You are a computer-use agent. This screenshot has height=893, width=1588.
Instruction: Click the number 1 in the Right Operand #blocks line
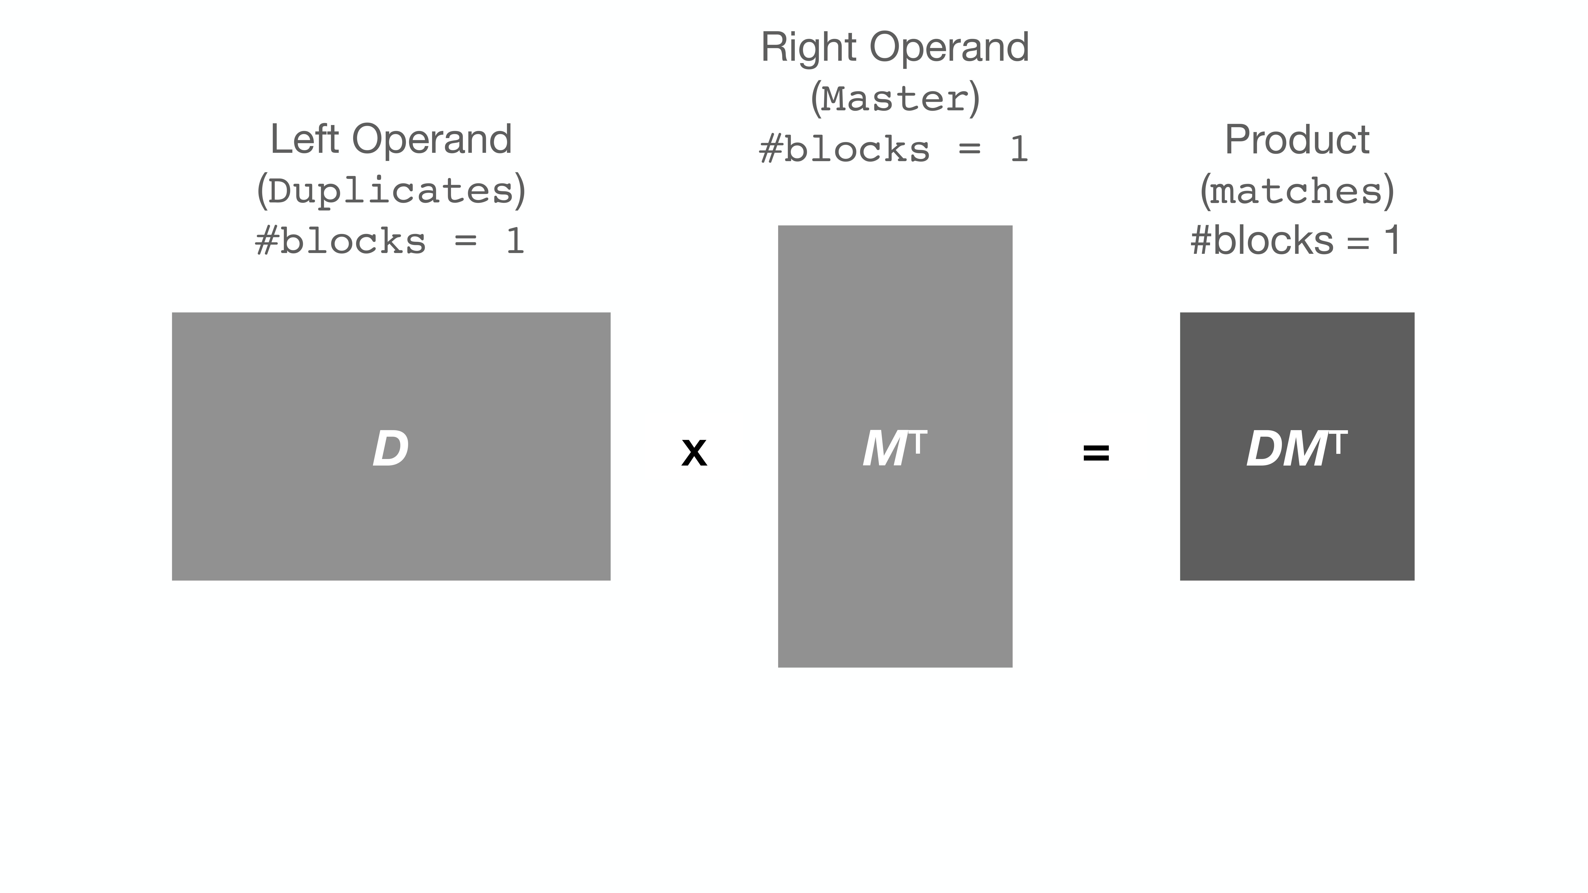[x=1018, y=150]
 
